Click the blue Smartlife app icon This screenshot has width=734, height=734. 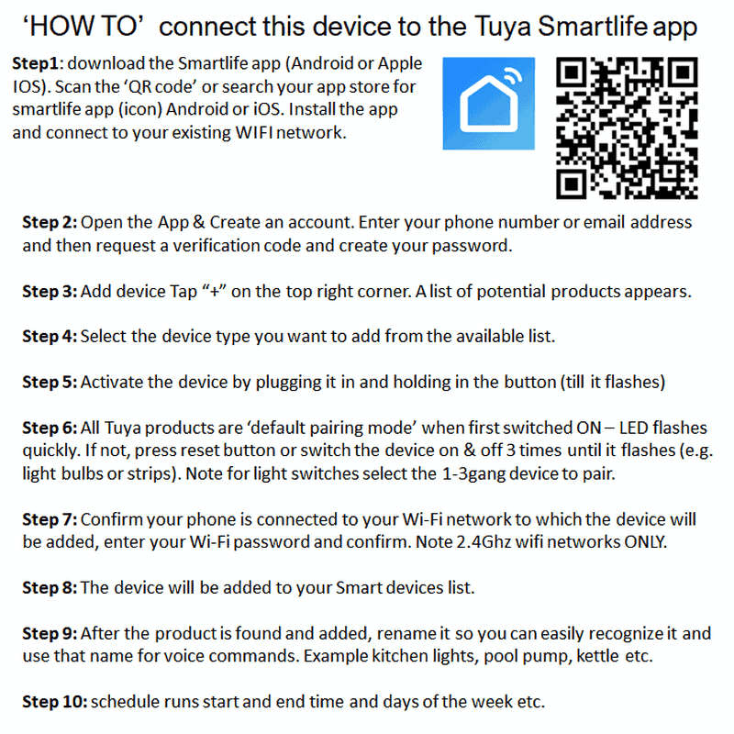[489, 105]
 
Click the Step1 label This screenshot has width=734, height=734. [38, 64]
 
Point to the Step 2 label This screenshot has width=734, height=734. [50, 223]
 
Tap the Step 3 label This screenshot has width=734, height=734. [50, 292]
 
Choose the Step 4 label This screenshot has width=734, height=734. [50, 337]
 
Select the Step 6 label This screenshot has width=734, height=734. [50, 428]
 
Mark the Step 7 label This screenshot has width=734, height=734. [50, 519]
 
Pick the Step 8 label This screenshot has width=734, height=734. [50, 587]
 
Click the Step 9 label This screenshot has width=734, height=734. [50, 633]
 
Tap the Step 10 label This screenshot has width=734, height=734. [54, 702]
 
